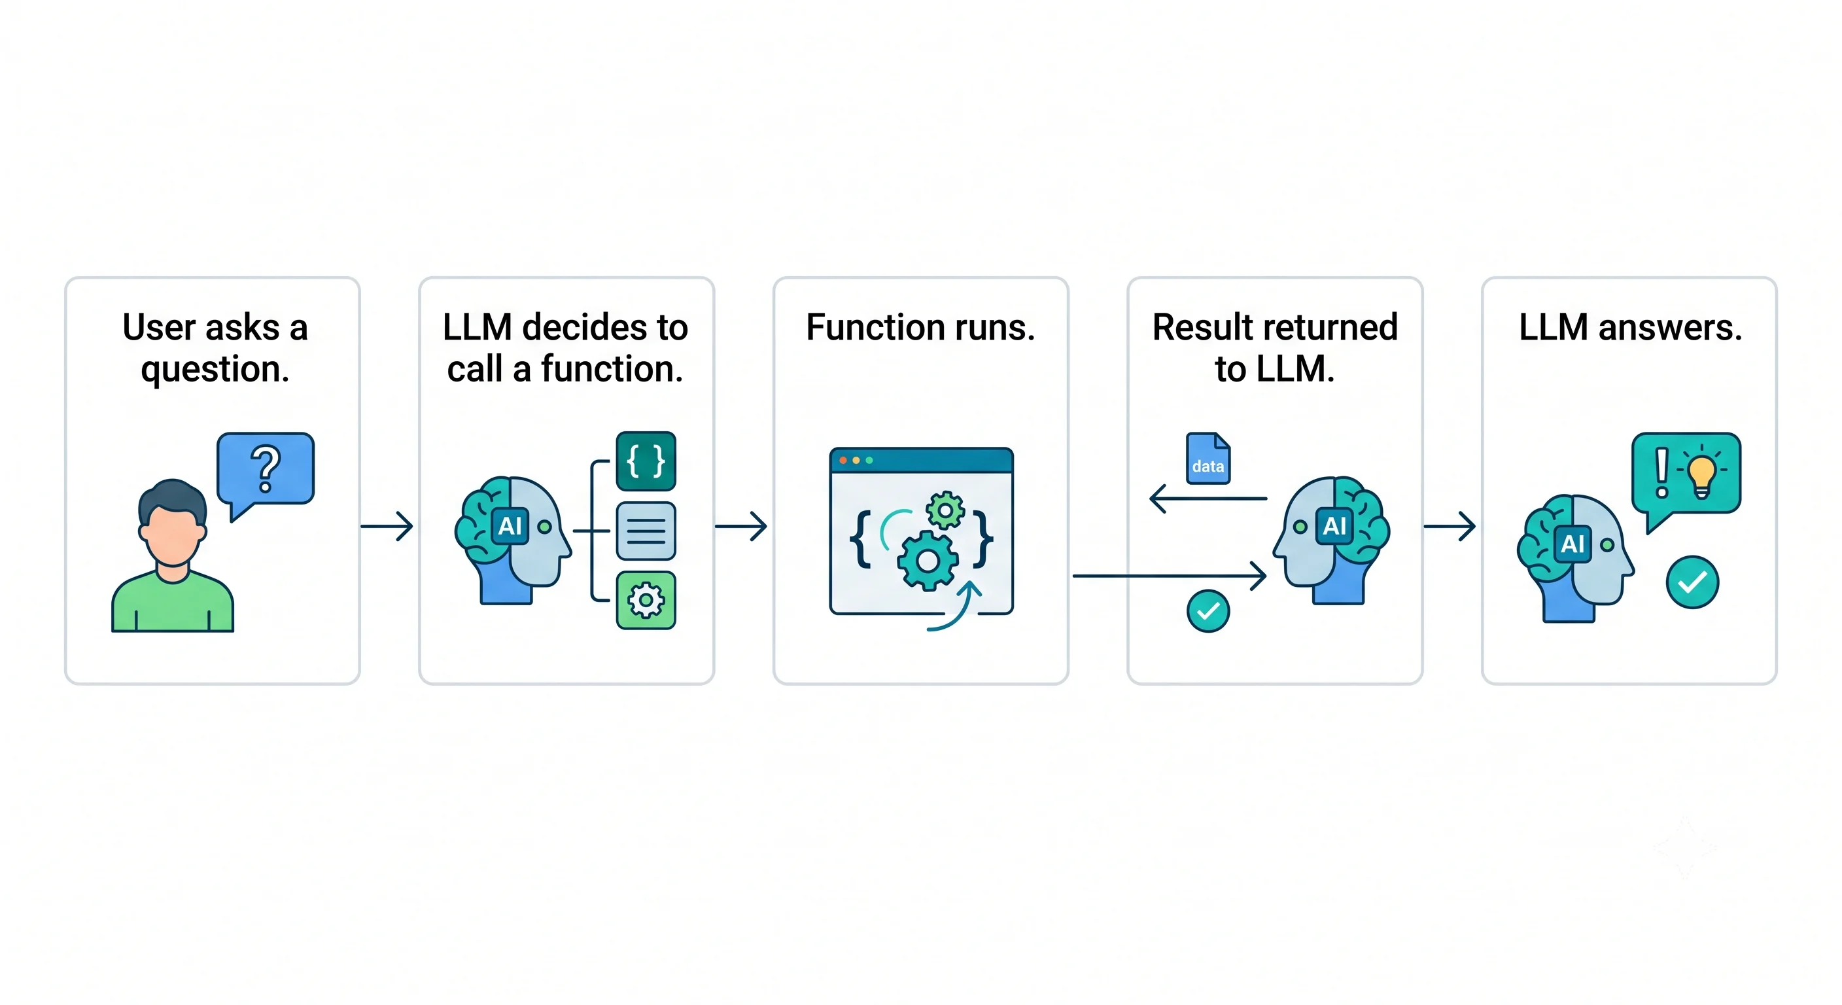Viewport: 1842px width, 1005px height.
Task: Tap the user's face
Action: click(171, 533)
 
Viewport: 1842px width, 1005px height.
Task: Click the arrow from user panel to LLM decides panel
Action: click(387, 527)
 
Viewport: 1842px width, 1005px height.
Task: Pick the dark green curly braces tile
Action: click(646, 461)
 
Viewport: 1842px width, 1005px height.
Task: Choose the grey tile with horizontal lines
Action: click(646, 531)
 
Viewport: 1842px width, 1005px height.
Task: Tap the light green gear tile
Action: click(646, 600)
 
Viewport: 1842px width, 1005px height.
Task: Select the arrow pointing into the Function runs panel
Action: click(742, 527)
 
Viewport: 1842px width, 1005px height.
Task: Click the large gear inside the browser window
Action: click(928, 561)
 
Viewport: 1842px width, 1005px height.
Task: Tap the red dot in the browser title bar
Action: click(843, 460)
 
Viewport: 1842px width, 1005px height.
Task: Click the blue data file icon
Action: click(1208, 459)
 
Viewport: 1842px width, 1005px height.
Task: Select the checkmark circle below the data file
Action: click(1208, 611)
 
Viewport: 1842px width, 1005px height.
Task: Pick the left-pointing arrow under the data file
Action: click(1208, 499)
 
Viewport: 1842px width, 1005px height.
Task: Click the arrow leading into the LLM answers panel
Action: click(1450, 527)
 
